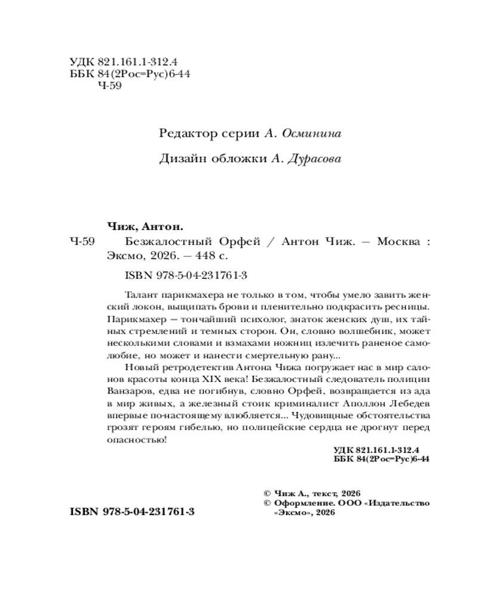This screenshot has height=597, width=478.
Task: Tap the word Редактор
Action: (x=184, y=134)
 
